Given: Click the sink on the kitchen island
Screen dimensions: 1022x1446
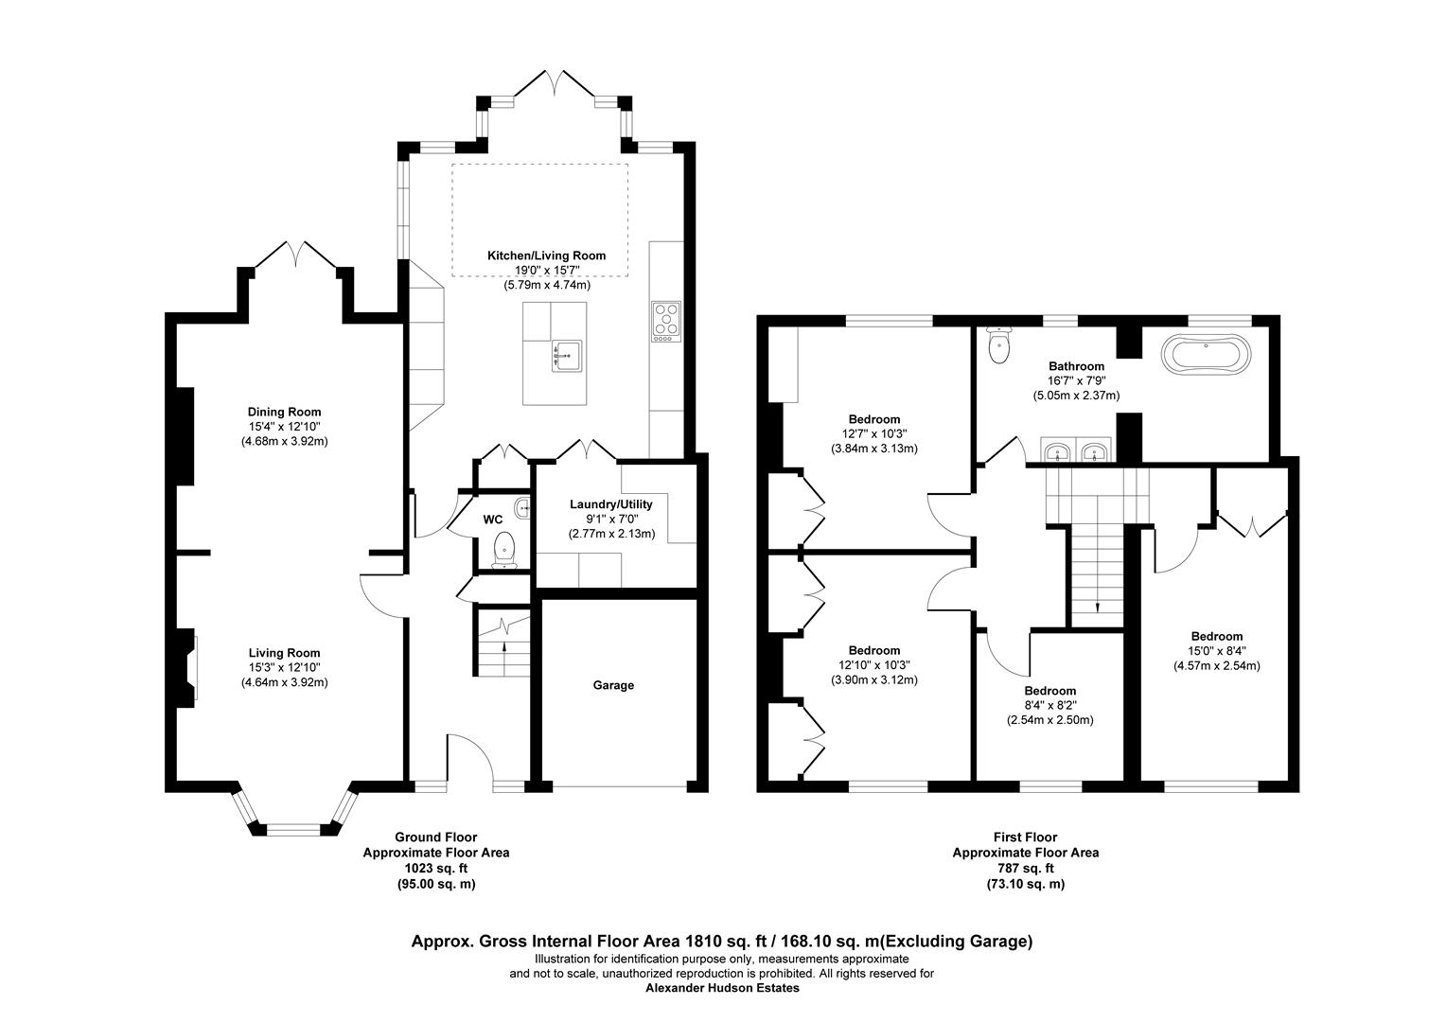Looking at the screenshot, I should (568, 355).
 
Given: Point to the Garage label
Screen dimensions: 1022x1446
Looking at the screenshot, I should (613, 685).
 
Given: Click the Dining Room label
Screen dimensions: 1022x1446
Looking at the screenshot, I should (284, 412).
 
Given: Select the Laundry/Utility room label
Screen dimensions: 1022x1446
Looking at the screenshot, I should (610, 504).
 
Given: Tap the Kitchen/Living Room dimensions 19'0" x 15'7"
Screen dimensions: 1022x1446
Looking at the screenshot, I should (546, 271).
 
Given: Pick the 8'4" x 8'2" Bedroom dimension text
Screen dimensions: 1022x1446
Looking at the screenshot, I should (1049, 706).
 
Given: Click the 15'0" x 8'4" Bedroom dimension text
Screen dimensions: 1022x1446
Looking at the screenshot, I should (1216, 651).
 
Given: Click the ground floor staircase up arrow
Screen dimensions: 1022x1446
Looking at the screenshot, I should (503, 648).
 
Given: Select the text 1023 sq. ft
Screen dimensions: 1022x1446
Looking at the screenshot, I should (436, 868).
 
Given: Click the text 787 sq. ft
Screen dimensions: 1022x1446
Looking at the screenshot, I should (1025, 868).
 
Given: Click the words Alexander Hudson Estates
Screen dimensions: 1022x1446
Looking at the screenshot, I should (722, 988).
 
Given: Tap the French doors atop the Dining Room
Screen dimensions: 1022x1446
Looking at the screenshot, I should (294, 254).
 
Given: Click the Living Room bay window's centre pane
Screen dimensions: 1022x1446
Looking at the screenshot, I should (294, 830).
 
